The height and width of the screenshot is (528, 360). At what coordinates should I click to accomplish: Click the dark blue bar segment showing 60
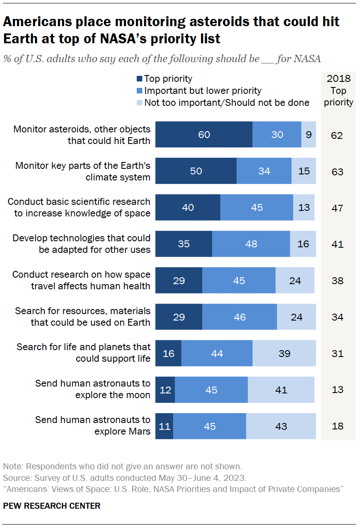click(x=204, y=135)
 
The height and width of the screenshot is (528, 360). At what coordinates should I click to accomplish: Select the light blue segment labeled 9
click(x=309, y=135)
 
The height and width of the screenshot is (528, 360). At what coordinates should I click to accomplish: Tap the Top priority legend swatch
click(x=139, y=79)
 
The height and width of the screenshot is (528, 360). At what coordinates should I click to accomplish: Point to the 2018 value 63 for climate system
click(x=337, y=171)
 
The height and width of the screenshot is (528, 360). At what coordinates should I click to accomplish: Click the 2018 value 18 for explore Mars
click(x=337, y=426)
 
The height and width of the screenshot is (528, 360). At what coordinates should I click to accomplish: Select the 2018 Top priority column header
click(x=339, y=90)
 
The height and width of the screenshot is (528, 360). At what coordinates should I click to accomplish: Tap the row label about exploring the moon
click(x=93, y=390)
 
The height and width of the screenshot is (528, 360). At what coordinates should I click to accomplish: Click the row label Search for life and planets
click(x=84, y=353)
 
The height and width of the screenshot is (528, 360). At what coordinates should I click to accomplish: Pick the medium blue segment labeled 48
click(x=251, y=244)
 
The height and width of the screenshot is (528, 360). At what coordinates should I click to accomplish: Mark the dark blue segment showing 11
click(x=164, y=426)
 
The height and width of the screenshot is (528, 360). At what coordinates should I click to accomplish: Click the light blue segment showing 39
click(x=284, y=353)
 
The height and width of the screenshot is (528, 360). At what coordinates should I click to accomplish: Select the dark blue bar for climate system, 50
click(x=196, y=171)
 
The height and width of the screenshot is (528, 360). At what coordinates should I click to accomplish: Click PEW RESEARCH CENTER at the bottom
click(x=52, y=506)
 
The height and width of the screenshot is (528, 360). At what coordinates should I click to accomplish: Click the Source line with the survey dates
click(x=124, y=477)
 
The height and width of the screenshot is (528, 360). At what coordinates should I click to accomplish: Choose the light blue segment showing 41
click(x=281, y=390)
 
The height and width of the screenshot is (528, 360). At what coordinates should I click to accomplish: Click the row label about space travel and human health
click(x=81, y=280)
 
